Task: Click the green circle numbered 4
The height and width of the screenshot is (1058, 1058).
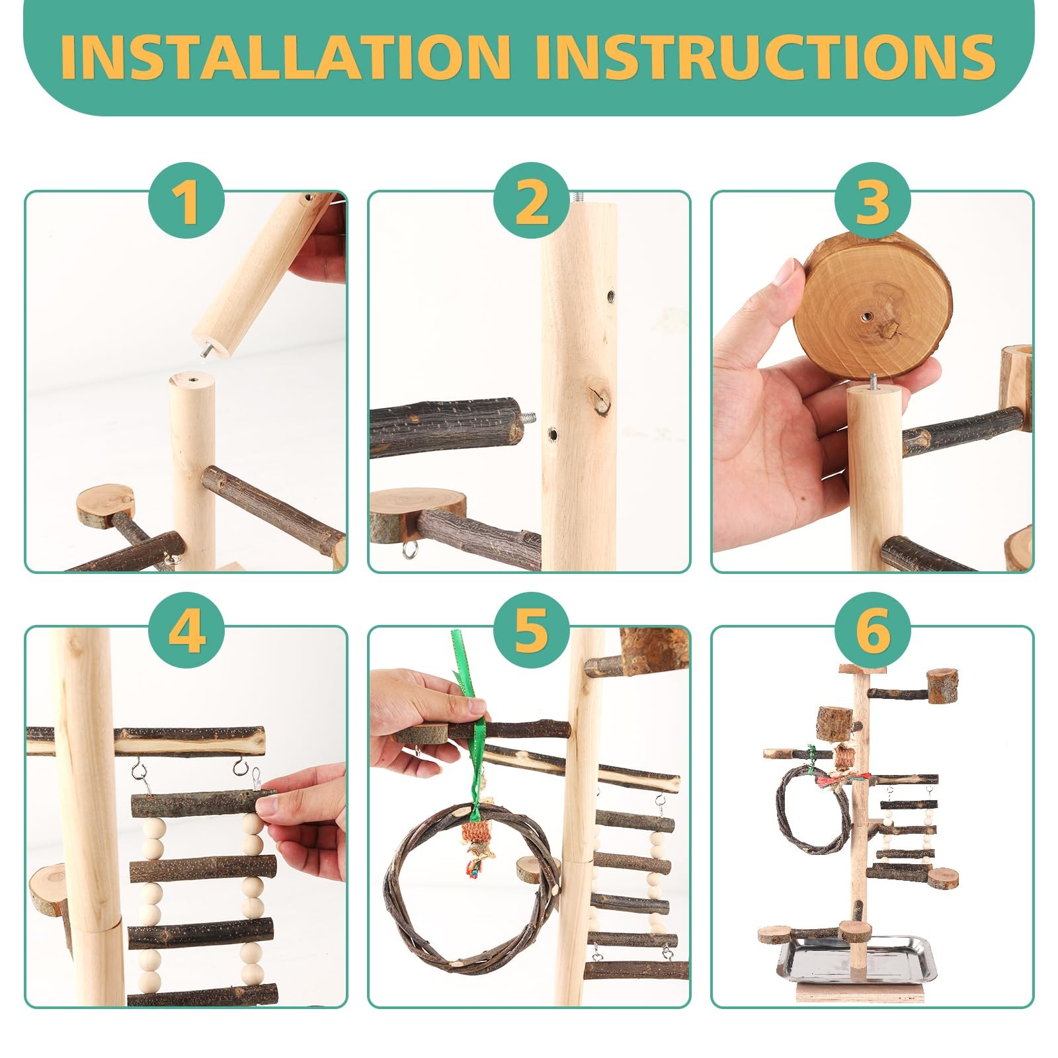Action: [186, 630]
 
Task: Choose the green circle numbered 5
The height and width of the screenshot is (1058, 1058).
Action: [531, 630]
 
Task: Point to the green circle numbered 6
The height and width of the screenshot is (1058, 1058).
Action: [873, 630]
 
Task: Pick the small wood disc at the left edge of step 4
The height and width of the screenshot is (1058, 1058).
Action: [48, 889]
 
